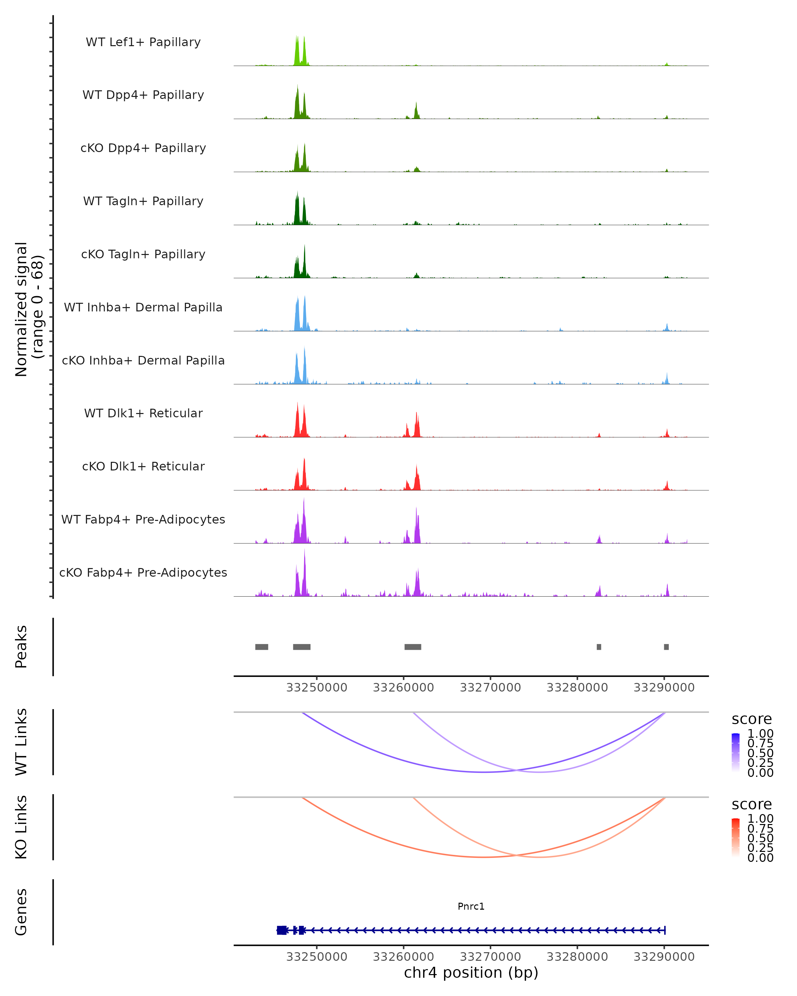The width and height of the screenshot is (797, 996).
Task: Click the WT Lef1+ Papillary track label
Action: click(x=143, y=42)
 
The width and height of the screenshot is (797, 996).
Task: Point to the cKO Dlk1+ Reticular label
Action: click(x=143, y=466)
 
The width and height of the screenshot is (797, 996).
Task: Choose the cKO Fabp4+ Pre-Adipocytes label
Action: click(x=143, y=572)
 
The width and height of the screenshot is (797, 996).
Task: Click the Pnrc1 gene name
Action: click(x=471, y=906)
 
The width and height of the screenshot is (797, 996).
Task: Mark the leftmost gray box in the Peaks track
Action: click(x=261, y=647)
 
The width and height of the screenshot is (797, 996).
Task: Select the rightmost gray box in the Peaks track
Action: click(x=666, y=647)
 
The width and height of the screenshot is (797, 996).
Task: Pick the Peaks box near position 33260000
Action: click(x=412, y=647)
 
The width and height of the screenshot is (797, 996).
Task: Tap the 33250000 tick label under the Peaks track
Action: click(x=316, y=688)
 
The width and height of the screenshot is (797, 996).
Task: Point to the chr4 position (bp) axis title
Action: click(x=471, y=972)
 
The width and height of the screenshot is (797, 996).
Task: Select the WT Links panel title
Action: click(x=21, y=742)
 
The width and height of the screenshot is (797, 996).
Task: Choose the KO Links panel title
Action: click(x=21, y=827)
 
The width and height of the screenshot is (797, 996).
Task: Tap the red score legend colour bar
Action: click(x=736, y=838)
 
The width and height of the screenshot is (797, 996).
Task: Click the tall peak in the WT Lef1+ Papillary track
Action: click(x=297, y=51)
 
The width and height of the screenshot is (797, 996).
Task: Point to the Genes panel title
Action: click(x=21, y=912)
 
